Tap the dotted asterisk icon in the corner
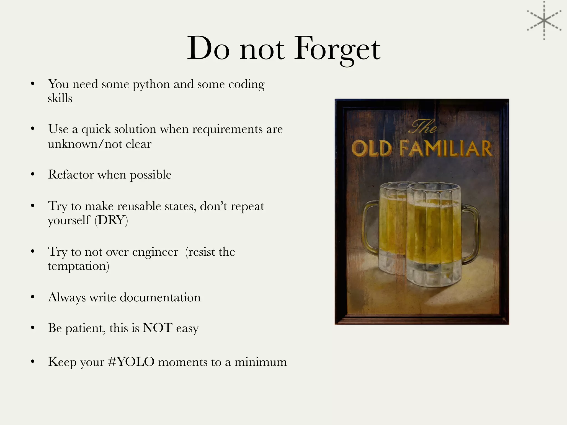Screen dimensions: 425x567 coord(544,20)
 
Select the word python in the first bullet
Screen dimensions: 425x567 coord(151,84)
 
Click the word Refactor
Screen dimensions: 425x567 coord(71,175)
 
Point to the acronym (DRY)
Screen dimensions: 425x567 coord(111,221)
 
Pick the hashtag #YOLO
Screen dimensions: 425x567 coord(131,362)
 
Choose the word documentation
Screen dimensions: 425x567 coord(160,297)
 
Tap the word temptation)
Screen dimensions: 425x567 coord(79,266)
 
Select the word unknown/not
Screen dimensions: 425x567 coord(85,144)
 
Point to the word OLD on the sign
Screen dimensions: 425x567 coord(372,149)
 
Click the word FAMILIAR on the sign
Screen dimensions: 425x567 coord(446,149)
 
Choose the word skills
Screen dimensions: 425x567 coord(60,99)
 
